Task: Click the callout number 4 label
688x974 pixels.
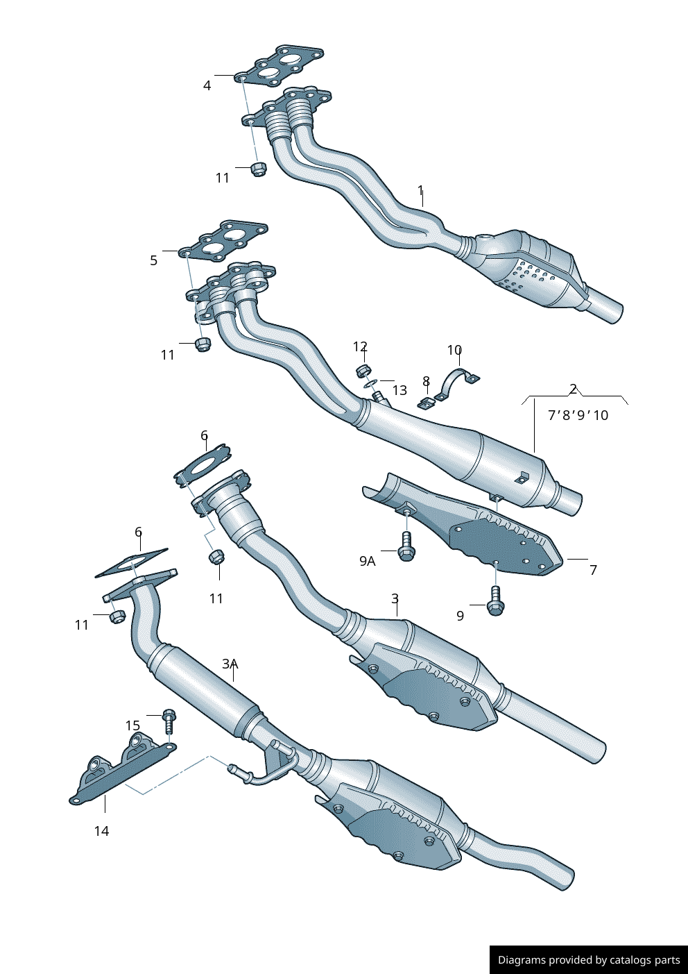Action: (207, 86)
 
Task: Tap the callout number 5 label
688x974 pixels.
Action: (154, 261)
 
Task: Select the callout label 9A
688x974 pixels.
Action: (368, 561)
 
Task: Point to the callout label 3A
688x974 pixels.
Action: (230, 664)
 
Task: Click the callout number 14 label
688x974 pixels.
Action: (101, 831)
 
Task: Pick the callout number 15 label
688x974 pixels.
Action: (132, 725)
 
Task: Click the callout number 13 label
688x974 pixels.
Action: (399, 390)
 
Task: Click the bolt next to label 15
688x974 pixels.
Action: (169, 720)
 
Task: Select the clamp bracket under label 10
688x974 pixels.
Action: (456, 384)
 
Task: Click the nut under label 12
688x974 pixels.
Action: (363, 370)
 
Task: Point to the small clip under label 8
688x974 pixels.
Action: (426, 403)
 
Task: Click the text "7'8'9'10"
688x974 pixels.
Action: (578, 415)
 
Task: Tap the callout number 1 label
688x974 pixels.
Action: (420, 190)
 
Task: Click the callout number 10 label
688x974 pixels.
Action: (454, 350)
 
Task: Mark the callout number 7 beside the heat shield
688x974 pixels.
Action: (593, 570)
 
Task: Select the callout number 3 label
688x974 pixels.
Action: (395, 598)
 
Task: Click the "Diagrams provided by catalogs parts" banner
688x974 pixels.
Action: (588, 959)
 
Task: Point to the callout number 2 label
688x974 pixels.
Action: (574, 389)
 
